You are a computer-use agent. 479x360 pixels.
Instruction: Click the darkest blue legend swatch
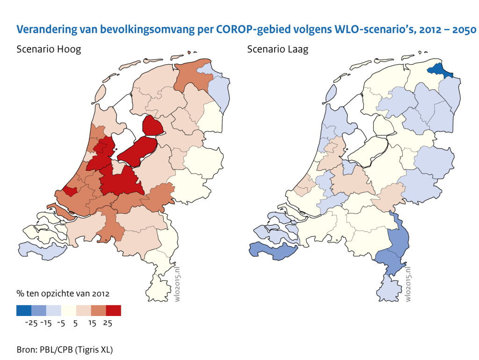[x=24, y=310]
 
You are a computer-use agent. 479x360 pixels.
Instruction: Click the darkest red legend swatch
[x=114, y=310]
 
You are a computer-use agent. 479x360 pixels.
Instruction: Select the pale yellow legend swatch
[x=69, y=310]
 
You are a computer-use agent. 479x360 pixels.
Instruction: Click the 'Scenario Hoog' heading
[x=49, y=49]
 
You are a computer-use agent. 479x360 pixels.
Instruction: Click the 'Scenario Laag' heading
[x=278, y=49]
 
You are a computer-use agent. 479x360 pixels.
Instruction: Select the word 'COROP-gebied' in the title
[x=255, y=30]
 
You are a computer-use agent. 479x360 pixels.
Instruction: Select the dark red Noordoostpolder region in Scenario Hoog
[x=152, y=126]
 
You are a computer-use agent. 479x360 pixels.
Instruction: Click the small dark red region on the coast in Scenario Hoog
[x=70, y=191]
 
